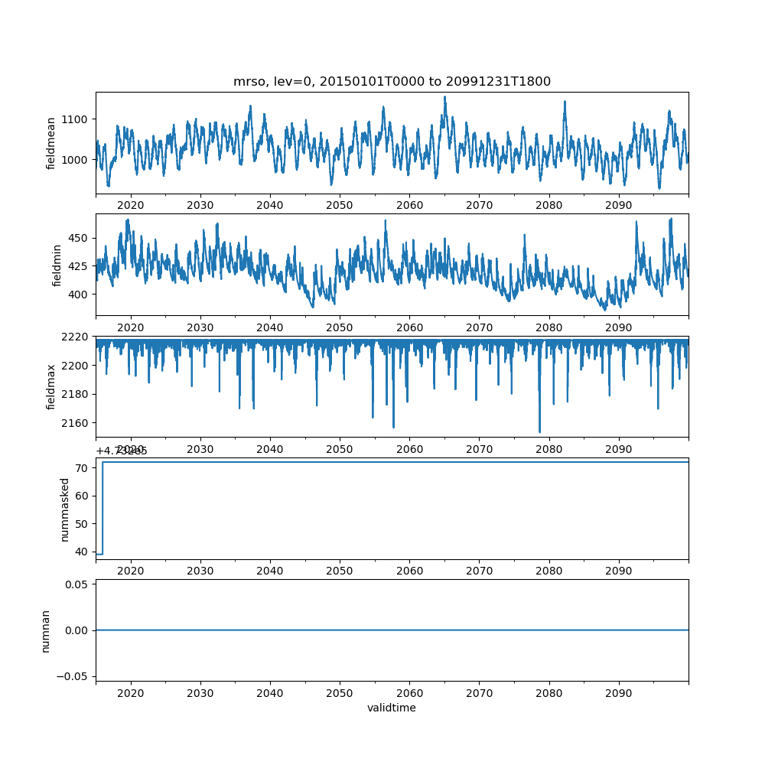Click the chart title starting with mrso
click(x=392, y=82)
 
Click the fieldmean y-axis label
click(x=50, y=143)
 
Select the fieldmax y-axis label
click(x=50, y=386)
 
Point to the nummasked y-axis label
click(x=65, y=509)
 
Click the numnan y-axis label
click(x=45, y=630)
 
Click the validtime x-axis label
click(x=392, y=708)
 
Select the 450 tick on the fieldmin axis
click(x=80, y=238)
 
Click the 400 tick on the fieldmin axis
click(x=80, y=295)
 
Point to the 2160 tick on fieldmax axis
click(x=76, y=423)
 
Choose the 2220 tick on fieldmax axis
click(x=76, y=337)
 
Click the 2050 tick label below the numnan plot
click(x=340, y=692)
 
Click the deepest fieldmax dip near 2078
click(x=539, y=432)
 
